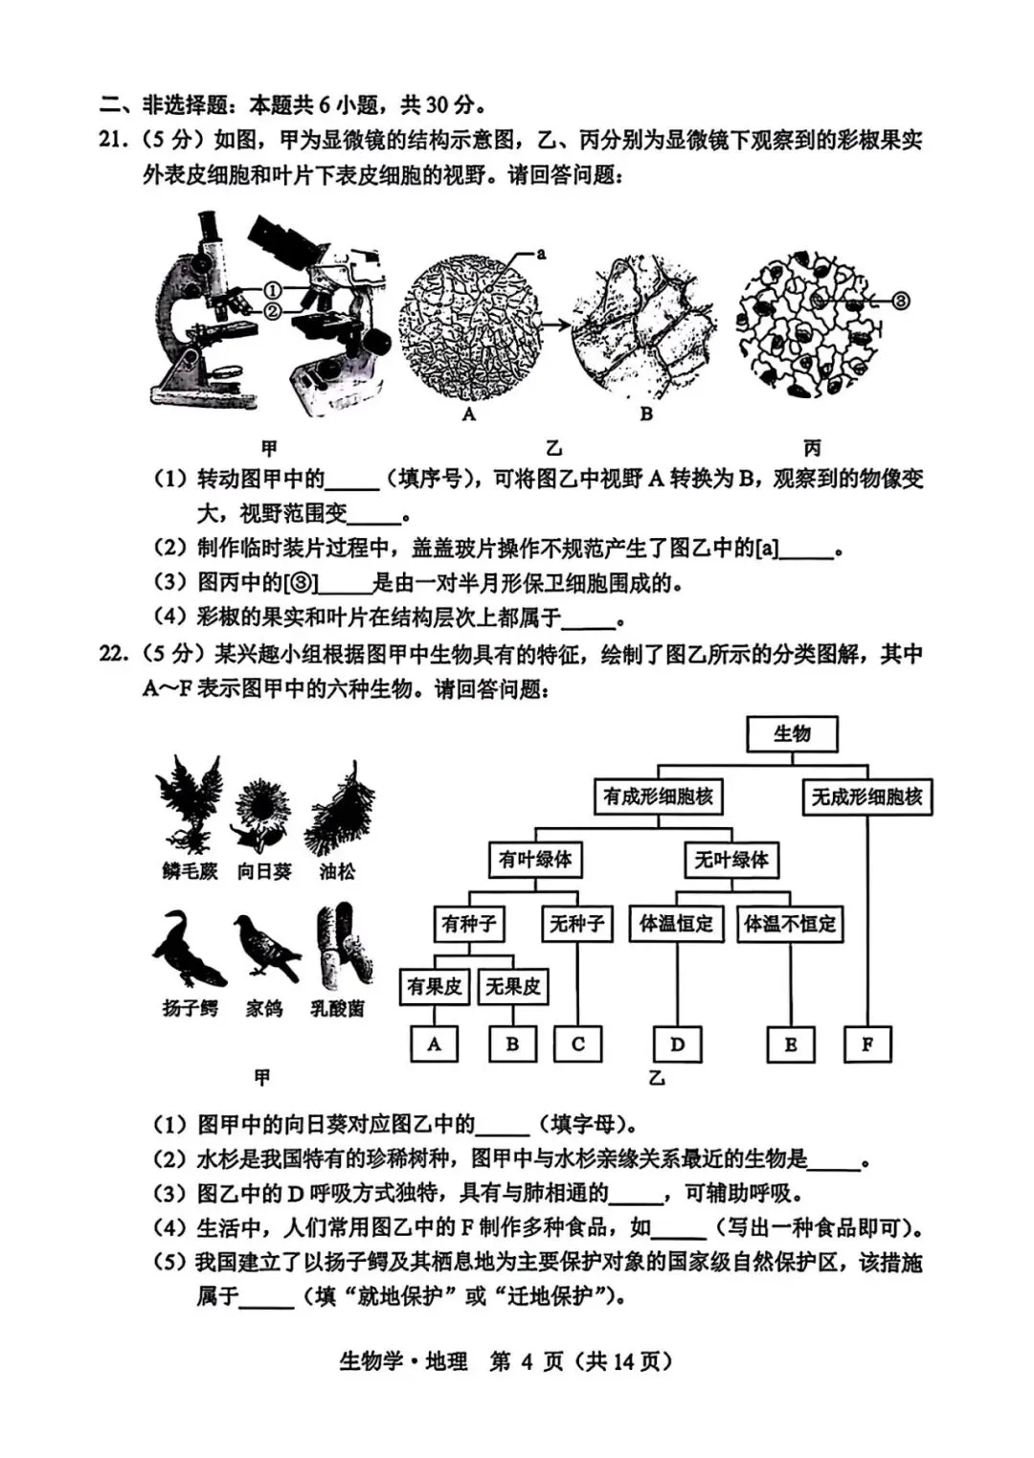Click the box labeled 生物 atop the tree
tap(791, 734)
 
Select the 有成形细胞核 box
tap(658, 796)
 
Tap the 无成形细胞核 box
tap(866, 796)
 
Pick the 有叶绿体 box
tap(534, 860)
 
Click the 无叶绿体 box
tap(731, 860)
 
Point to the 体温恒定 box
tap(676, 924)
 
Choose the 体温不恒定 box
tap(790, 924)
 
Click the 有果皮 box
tap(434, 986)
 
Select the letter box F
tap(867, 1044)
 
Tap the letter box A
tap(434, 1044)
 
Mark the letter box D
tap(677, 1044)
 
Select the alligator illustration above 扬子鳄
tap(190, 950)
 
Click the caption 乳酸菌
tap(337, 1008)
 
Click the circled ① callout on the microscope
tap(272, 290)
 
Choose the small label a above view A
tap(541, 254)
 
